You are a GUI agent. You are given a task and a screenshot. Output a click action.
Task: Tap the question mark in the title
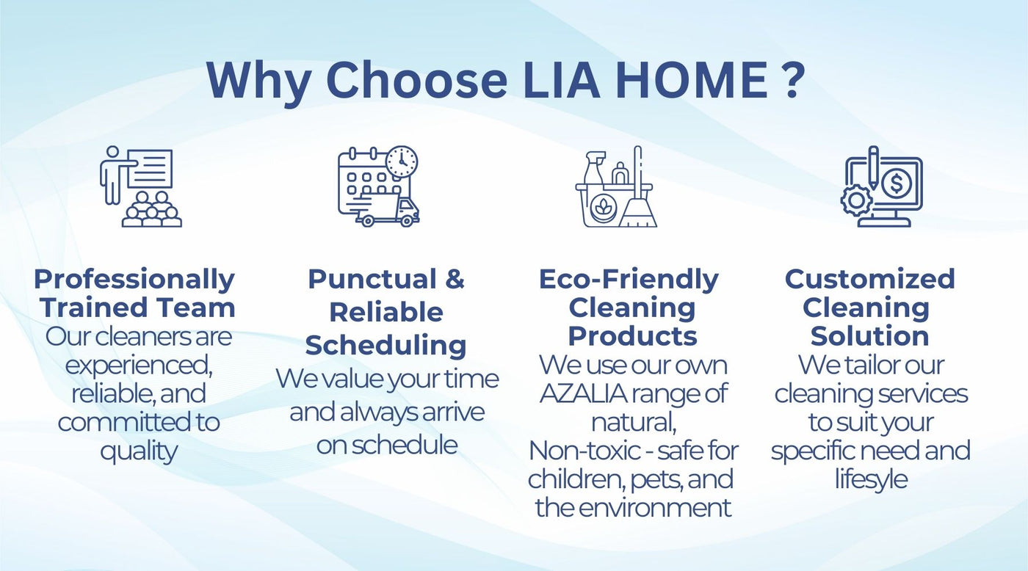click(793, 80)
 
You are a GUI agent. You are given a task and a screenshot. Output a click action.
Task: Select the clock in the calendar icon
click(402, 162)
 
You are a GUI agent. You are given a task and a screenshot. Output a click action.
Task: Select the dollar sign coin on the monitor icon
click(895, 183)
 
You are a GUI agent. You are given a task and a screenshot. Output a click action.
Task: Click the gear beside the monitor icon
click(856, 200)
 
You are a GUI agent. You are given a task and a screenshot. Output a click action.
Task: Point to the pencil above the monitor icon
click(873, 167)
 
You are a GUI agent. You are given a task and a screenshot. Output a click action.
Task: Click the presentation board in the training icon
click(150, 168)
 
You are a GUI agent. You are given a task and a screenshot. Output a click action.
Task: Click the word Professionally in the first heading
click(134, 280)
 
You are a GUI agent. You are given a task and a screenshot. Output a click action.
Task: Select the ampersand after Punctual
click(455, 279)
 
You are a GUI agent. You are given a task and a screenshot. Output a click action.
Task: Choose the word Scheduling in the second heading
click(386, 346)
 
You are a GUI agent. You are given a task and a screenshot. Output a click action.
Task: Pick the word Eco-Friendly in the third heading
click(629, 280)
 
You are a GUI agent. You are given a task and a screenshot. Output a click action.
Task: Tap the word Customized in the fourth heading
click(870, 279)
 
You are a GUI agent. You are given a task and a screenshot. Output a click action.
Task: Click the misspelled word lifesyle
click(871, 480)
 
